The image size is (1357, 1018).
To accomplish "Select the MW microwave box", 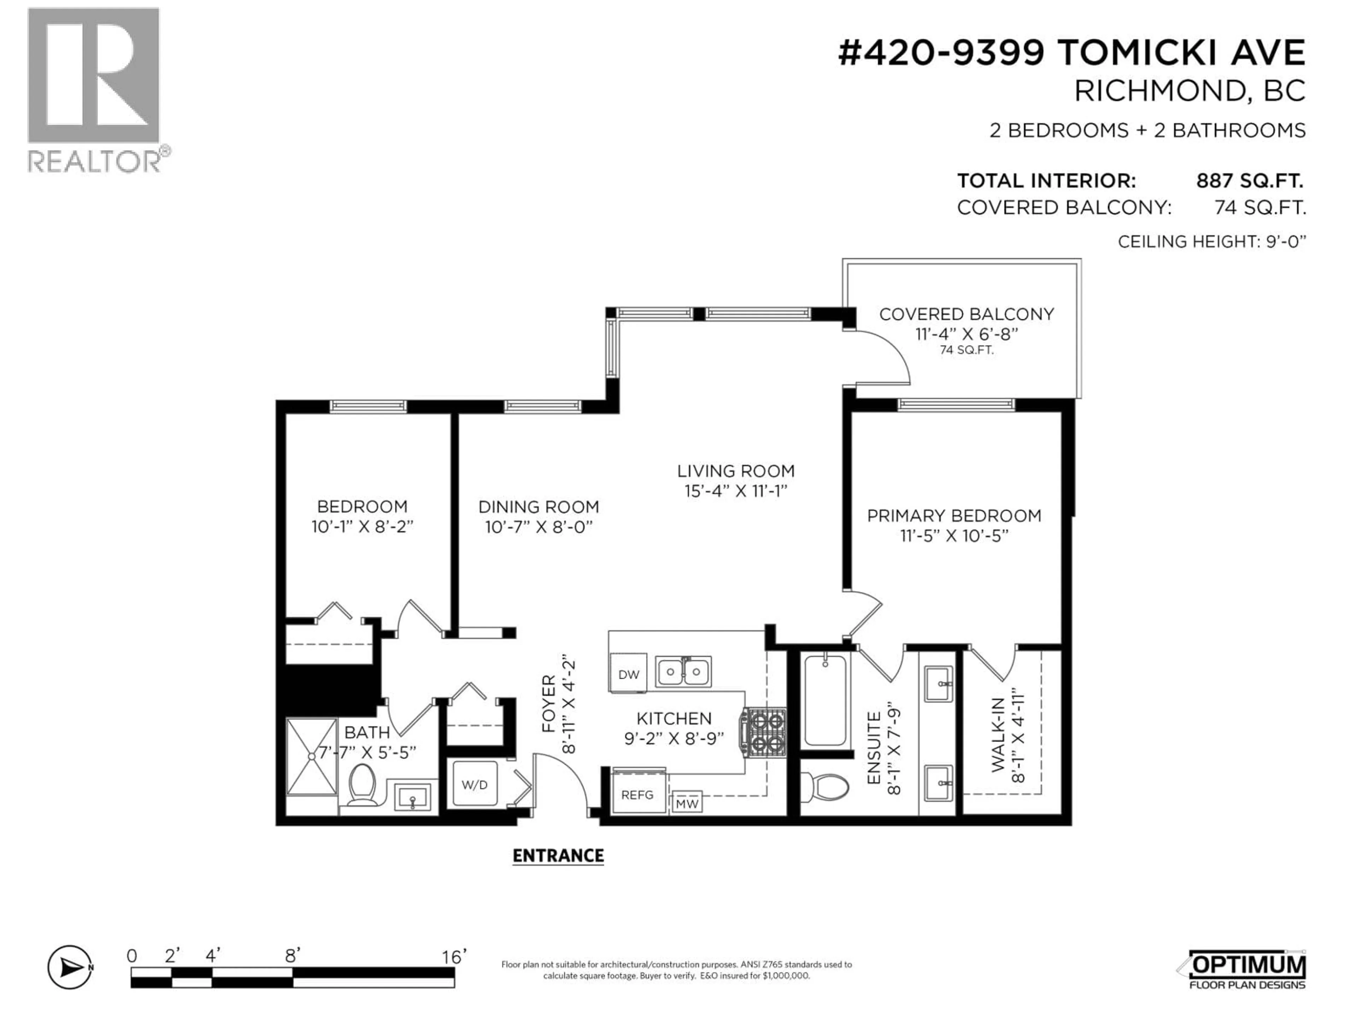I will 687,803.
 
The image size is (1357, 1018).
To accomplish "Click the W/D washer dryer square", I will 474,784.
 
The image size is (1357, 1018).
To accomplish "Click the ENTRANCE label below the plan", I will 558,855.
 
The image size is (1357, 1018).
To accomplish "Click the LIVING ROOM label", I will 735,471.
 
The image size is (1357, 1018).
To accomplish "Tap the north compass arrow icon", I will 70,968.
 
